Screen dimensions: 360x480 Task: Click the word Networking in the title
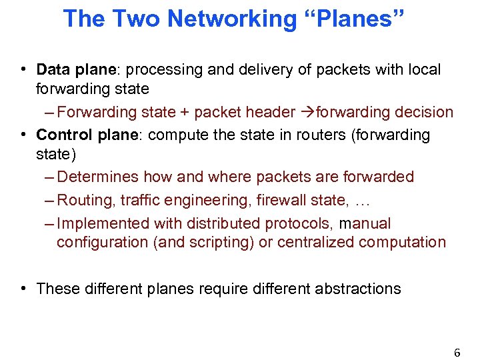[231, 19]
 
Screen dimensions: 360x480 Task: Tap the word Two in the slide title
[136, 19]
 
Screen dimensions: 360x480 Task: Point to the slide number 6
[457, 353]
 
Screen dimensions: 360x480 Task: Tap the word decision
[423, 112]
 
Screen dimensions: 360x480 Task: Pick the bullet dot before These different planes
[23, 289]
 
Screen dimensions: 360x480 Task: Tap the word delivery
[250, 70]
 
